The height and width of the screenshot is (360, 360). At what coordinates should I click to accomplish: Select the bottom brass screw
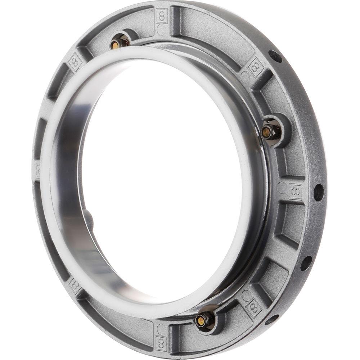(x=200, y=320)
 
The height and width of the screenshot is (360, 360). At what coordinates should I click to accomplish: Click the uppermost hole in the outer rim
(x=275, y=56)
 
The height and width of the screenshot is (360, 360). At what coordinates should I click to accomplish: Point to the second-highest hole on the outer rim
(x=319, y=192)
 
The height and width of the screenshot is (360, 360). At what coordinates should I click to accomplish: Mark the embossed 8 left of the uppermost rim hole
(x=256, y=67)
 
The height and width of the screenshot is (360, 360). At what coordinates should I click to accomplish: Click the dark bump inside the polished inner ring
(x=89, y=221)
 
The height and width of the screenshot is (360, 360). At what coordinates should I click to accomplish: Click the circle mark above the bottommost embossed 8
(x=161, y=328)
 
